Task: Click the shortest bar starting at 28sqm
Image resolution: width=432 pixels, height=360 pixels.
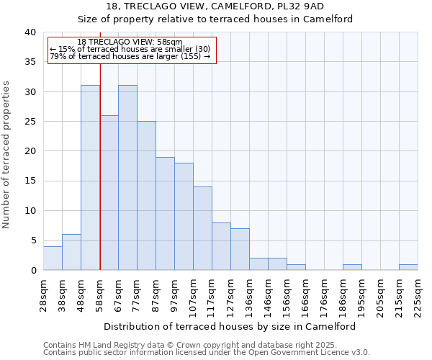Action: [x=53, y=258]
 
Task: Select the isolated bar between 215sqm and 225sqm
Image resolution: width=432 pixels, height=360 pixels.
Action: [x=408, y=267]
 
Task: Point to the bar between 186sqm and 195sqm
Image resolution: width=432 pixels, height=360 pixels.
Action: [x=352, y=267]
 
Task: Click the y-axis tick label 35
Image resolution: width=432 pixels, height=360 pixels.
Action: [x=30, y=62]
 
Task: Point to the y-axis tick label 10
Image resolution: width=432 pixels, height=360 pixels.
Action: [x=30, y=211]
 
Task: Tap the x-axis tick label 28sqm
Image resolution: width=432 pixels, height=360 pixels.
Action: [x=44, y=294]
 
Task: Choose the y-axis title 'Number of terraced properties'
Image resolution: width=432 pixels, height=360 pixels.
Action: [x=7, y=155]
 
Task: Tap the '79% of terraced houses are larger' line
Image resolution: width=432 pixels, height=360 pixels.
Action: [x=130, y=56]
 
